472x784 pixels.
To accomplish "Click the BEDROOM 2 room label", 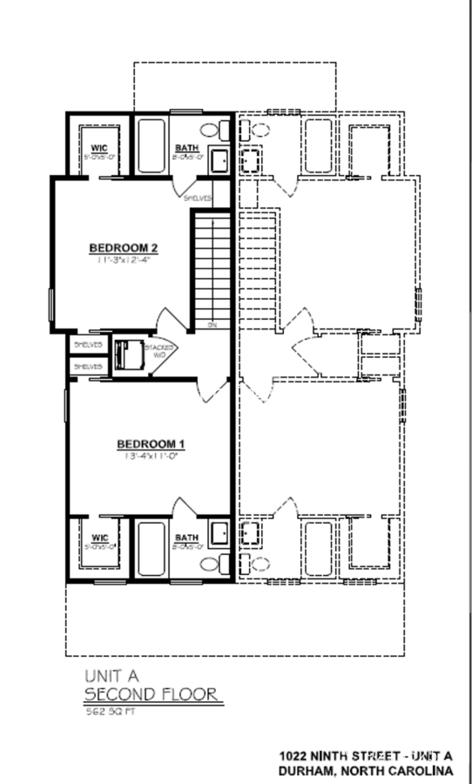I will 128,248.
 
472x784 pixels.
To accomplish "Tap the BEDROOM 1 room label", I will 152,444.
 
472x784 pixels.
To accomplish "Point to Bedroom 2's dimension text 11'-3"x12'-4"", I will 128,260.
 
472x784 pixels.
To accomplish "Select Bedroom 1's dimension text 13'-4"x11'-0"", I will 152,456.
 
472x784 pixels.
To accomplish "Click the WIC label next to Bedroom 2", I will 98,148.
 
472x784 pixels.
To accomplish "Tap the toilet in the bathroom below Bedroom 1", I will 212,564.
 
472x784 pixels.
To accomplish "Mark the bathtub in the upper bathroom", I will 152,145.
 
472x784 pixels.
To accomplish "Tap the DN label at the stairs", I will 212,325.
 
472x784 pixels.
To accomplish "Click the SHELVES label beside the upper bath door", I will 198,198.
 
